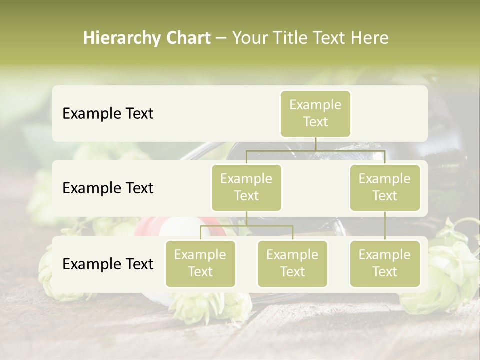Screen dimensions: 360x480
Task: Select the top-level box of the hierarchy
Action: [x=315, y=114]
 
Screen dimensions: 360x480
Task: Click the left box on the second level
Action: [x=246, y=187]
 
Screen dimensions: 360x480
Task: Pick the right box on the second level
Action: [x=385, y=187]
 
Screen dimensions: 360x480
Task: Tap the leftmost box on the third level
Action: [x=200, y=263]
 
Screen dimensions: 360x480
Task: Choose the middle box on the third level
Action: [x=292, y=263]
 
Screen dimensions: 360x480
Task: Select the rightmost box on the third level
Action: [x=385, y=263]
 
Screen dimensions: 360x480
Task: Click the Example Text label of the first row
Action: [x=108, y=114]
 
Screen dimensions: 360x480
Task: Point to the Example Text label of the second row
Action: [x=108, y=188]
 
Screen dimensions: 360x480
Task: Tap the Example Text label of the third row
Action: [x=108, y=264]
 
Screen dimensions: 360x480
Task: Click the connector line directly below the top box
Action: [x=315, y=144]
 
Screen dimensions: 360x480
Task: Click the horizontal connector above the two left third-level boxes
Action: [x=246, y=226]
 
